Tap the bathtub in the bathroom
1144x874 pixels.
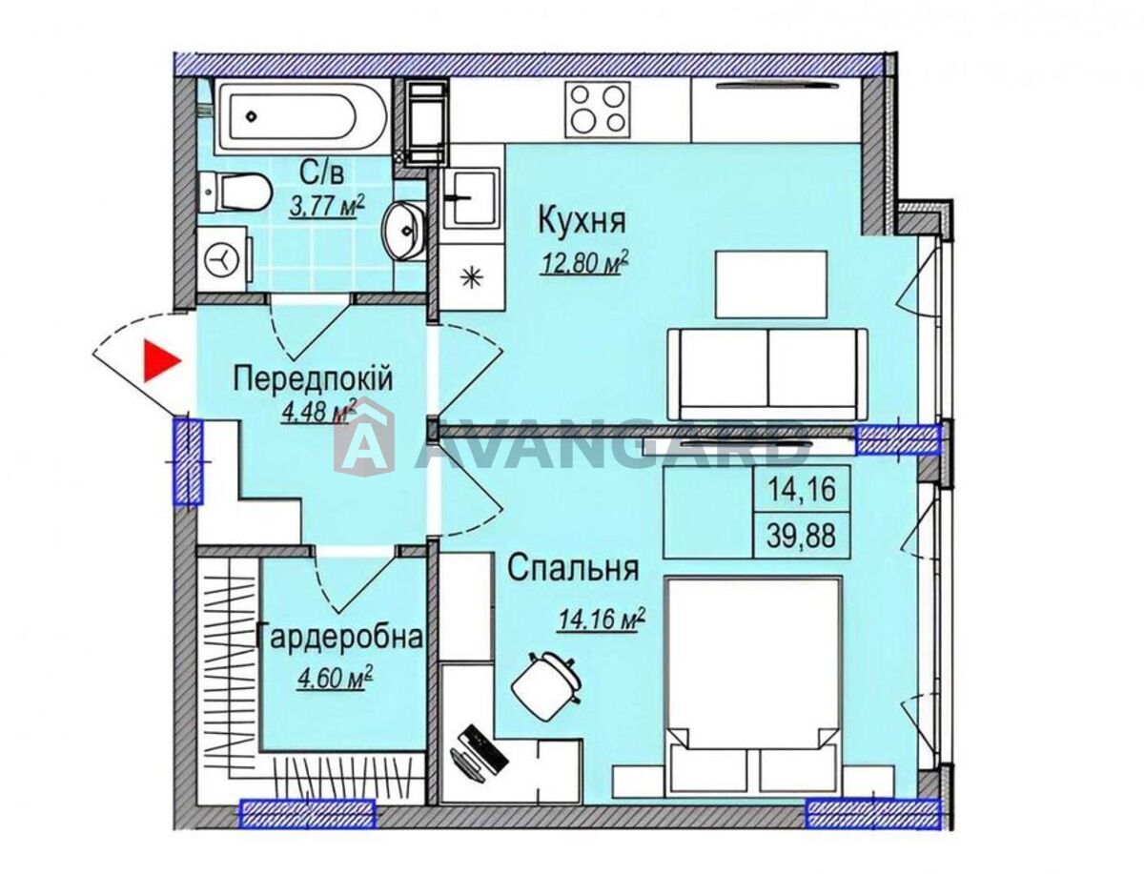[x=302, y=117]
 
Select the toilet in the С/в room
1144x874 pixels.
[x=235, y=193]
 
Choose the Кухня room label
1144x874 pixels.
[x=582, y=220]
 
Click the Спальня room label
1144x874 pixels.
[x=573, y=569]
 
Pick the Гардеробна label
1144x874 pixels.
[x=339, y=638]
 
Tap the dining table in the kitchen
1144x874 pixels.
[x=771, y=283]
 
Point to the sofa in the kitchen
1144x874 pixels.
[x=767, y=374]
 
